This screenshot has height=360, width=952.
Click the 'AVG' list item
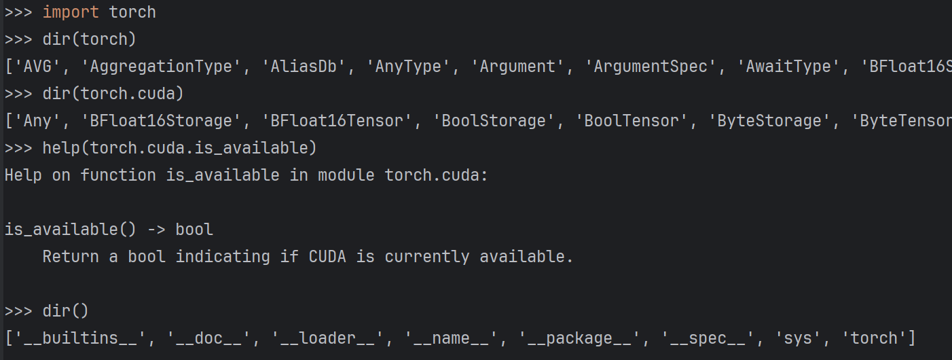(33, 67)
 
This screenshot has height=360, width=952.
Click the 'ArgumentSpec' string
(650, 67)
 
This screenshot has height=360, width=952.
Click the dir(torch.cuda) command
(113, 94)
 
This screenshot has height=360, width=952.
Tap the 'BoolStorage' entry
(494, 121)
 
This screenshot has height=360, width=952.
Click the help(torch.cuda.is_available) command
(179, 148)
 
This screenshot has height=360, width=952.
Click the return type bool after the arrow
(194, 230)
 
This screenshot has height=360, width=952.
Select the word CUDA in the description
(327, 257)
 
